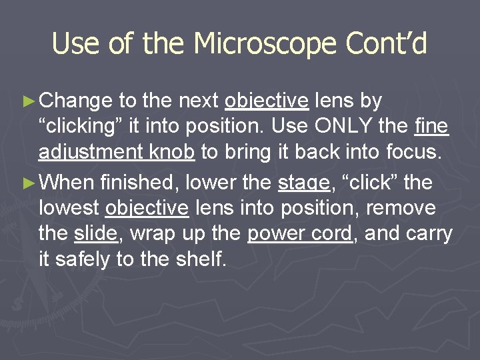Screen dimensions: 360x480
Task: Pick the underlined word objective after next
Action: tap(267, 101)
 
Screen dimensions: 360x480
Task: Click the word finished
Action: tap(141, 182)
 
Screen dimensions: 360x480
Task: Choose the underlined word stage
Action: tap(303, 182)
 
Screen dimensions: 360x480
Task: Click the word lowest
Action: tap(69, 208)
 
